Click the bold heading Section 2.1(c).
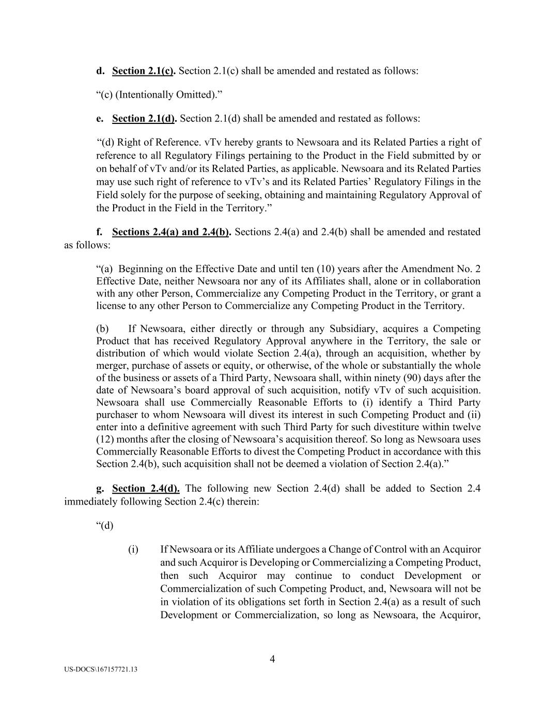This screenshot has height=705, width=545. pos(143,71)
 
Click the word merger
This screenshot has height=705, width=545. pos(111,366)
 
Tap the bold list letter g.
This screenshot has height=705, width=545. pos(100,489)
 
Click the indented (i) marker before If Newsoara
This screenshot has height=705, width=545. pos(133,550)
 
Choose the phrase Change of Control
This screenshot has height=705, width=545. pos(368,550)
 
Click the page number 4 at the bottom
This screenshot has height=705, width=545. pos(272,659)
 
